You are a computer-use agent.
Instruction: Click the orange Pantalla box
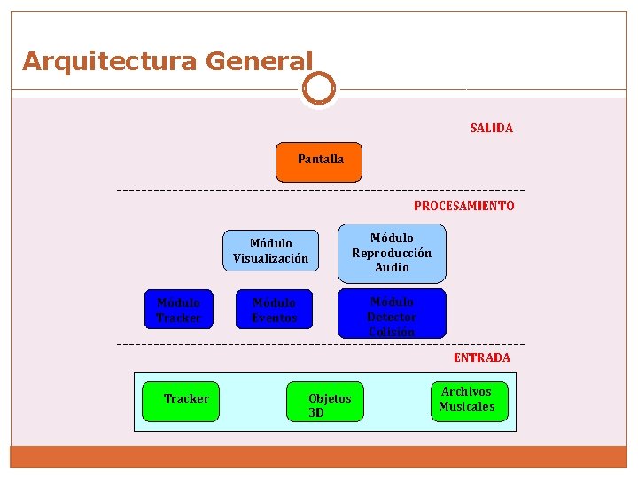pyautogui.click(x=319, y=161)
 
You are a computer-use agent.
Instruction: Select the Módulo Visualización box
pyautogui.click(x=270, y=251)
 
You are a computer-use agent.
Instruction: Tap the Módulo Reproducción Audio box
pyautogui.click(x=392, y=253)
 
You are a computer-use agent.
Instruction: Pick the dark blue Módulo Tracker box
pyautogui.click(x=179, y=310)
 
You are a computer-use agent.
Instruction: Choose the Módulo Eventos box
pyautogui.click(x=274, y=310)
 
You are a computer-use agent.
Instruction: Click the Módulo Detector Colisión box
pyautogui.click(x=392, y=314)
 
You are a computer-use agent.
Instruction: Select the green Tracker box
pyautogui.click(x=180, y=400)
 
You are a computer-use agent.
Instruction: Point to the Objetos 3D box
pyautogui.click(x=325, y=403)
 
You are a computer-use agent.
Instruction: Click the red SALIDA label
pyautogui.click(x=492, y=128)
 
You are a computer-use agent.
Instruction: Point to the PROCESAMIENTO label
pyautogui.click(x=463, y=206)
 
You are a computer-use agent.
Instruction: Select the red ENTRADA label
pyautogui.click(x=482, y=357)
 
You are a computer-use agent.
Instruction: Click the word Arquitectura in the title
pyautogui.click(x=110, y=61)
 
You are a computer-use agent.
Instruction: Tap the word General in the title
pyautogui.click(x=259, y=61)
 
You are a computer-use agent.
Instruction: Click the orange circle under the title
pyautogui.click(x=319, y=89)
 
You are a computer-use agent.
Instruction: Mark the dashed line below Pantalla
pyautogui.click(x=319, y=190)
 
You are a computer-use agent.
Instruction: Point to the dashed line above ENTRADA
pyautogui.click(x=319, y=343)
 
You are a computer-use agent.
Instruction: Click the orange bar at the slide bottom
pyautogui.click(x=319, y=456)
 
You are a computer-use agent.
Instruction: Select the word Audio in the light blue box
pyautogui.click(x=392, y=267)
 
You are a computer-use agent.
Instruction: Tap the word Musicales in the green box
pyautogui.click(x=467, y=407)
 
